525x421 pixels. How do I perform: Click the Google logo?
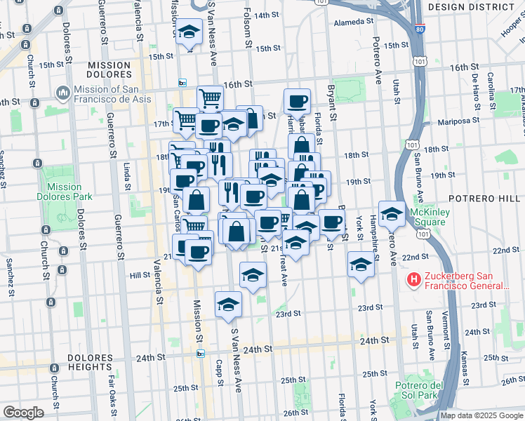pos(23,413)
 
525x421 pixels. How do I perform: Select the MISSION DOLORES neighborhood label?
pos(109,70)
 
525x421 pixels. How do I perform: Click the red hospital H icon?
pos(413,280)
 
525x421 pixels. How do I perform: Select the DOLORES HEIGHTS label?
pos(90,362)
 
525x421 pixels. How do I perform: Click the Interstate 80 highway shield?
pos(419,30)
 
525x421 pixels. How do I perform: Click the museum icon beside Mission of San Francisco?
pos(63,92)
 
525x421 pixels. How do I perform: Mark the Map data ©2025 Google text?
pos(481,415)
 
